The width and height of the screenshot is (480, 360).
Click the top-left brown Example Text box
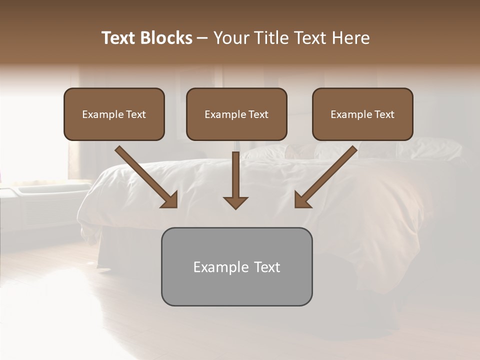click(x=114, y=114)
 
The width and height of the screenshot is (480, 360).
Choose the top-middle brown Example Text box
click(x=236, y=114)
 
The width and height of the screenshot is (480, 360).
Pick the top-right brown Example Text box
click(x=362, y=114)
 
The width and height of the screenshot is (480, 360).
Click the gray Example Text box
click(x=236, y=266)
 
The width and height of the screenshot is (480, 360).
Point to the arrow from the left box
click(x=146, y=176)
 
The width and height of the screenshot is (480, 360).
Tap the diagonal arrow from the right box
click(x=326, y=176)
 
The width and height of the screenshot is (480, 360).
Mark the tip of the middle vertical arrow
click(x=235, y=208)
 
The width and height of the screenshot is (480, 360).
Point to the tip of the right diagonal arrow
click(x=296, y=206)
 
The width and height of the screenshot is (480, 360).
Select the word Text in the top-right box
click(x=384, y=114)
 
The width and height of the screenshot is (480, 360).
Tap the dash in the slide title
click(x=202, y=38)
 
